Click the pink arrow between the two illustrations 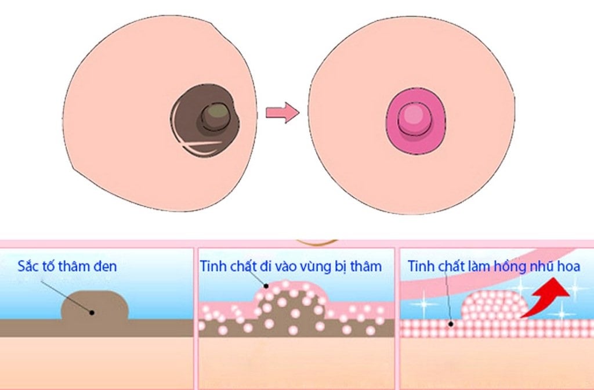point(282,112)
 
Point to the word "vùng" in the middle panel point(320,266)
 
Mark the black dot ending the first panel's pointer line point(92,312)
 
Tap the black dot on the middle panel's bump point(266,286)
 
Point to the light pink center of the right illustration point(414,114)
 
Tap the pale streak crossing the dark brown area point(200,143)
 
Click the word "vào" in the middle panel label point(290,266)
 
